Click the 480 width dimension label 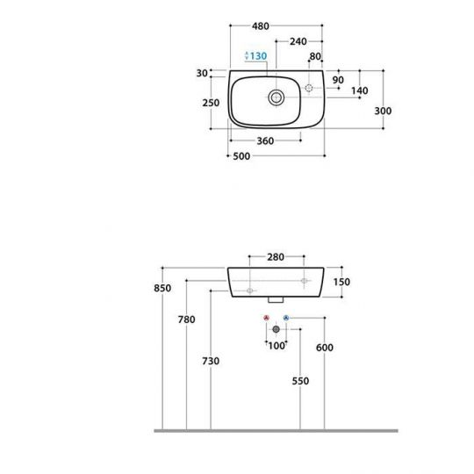261,26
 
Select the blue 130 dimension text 258,56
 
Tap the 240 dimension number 298,41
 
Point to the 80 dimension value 315,56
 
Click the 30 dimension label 202,73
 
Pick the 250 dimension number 211,103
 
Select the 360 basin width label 265,140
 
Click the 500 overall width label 241,156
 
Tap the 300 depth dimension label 383,111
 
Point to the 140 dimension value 359,90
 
